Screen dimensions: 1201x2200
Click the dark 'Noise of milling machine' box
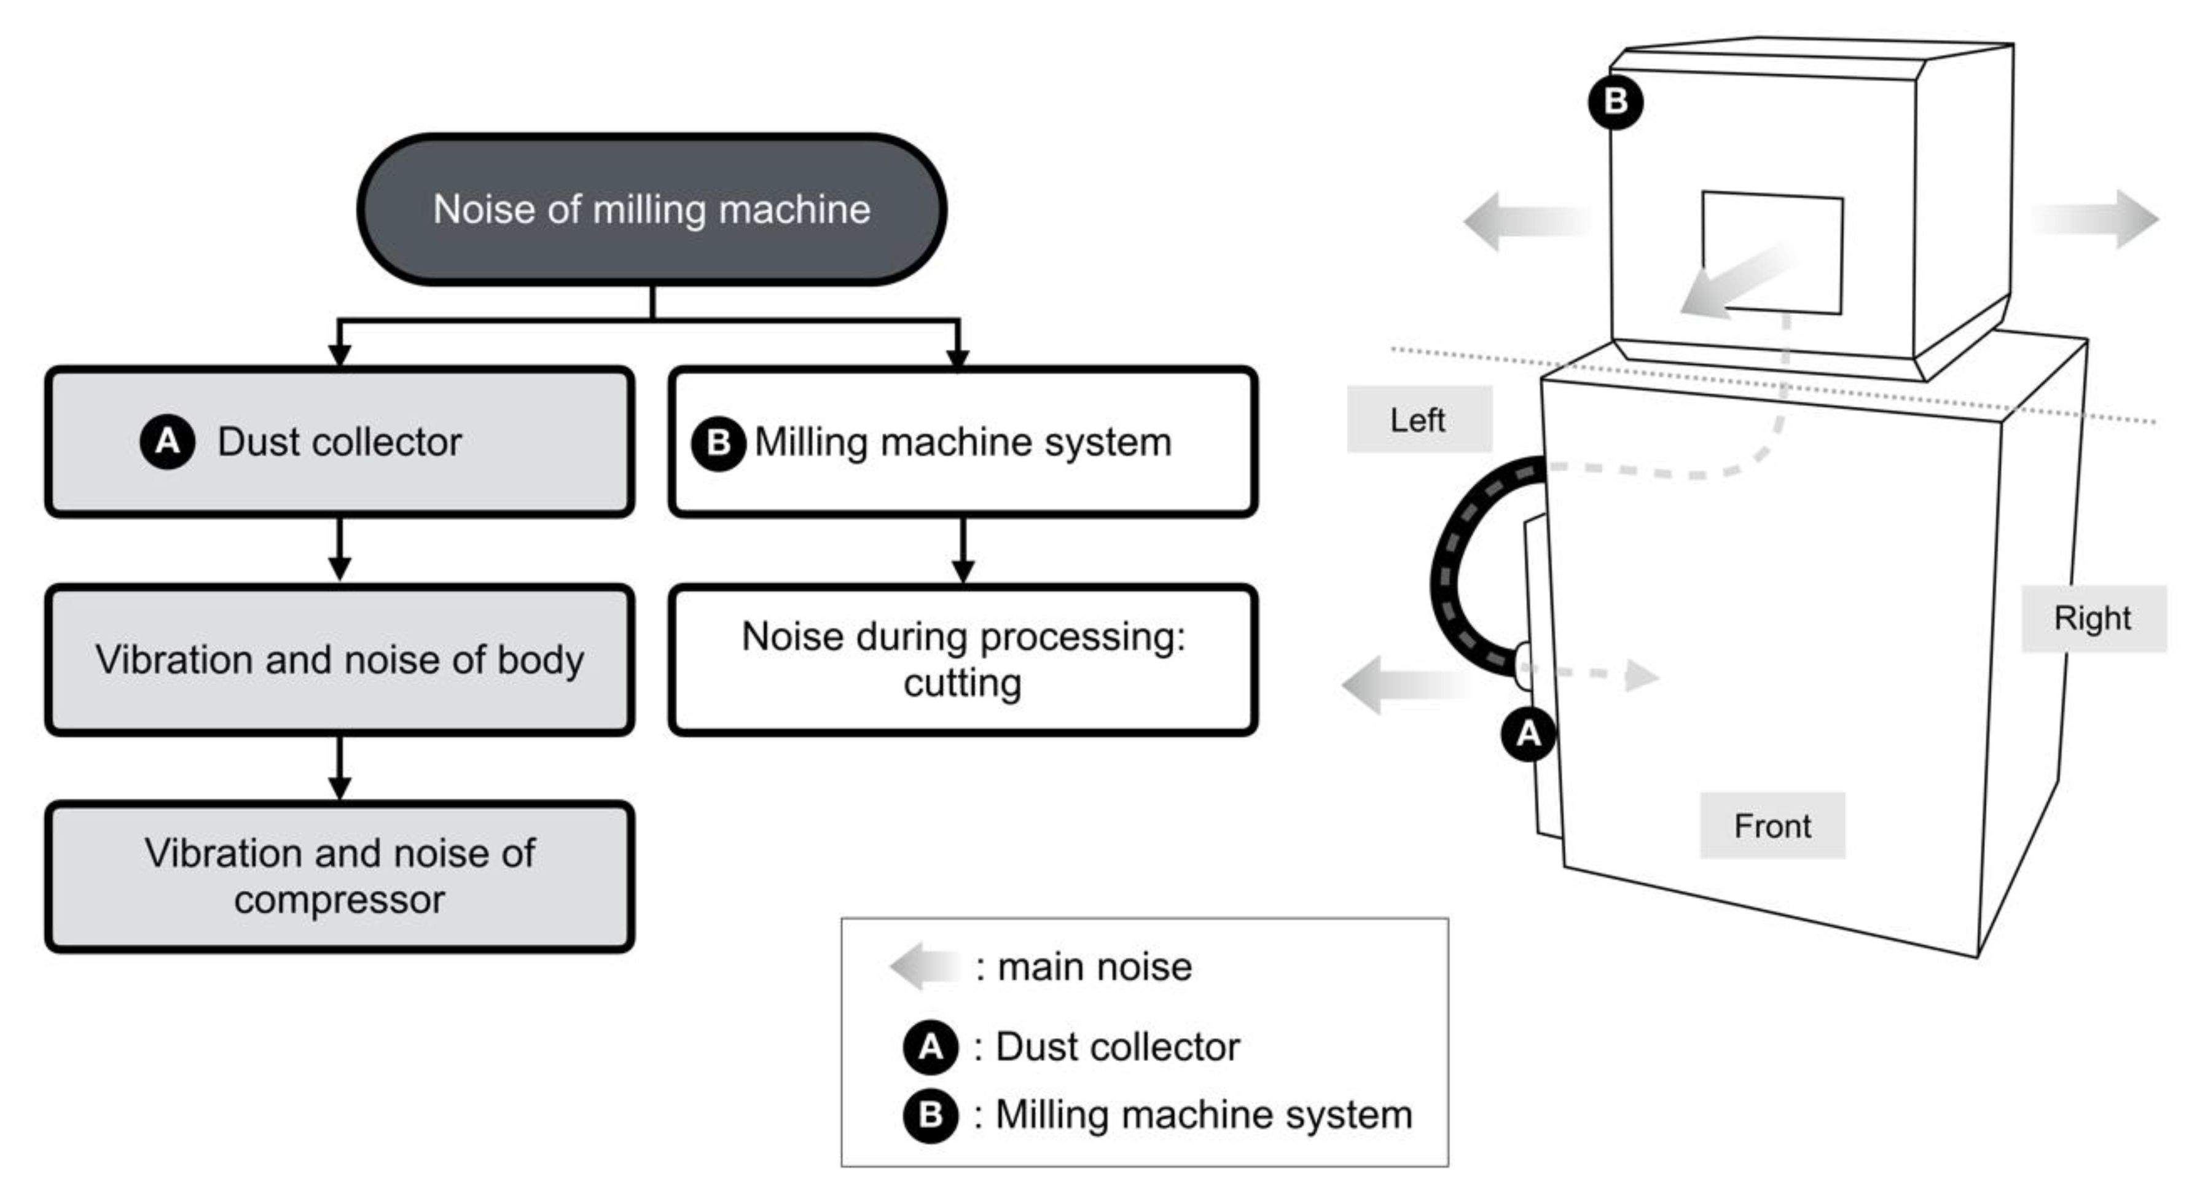pyautogui.click(x=652, y=209)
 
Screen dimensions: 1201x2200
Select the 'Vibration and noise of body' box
pyautogui.click(x=339, y=659)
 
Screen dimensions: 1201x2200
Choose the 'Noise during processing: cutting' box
pyautogui.click(x=963, y=659)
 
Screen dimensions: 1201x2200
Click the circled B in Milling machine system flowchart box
pyautogui.click(x=718, y=442)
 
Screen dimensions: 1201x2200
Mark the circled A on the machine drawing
pyautogui.click(x=1528, y=733)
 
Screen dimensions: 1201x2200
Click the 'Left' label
pyautogui.click(x=1419, y=420)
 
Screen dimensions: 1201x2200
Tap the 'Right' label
pyautogui.click(x=2092, y=617)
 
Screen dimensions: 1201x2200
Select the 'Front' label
pyautogui.click(x=1772, y=825)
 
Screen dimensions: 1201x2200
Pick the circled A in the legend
pyautogui.click(x=930, y=1046)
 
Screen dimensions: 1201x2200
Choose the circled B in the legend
pyautogui.click(x=930, y=1115)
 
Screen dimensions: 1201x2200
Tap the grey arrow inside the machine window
pyautogui.click(x=1734, y=282)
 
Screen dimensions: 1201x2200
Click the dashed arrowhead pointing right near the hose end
pyautogui.click(x=1640, y=676)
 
